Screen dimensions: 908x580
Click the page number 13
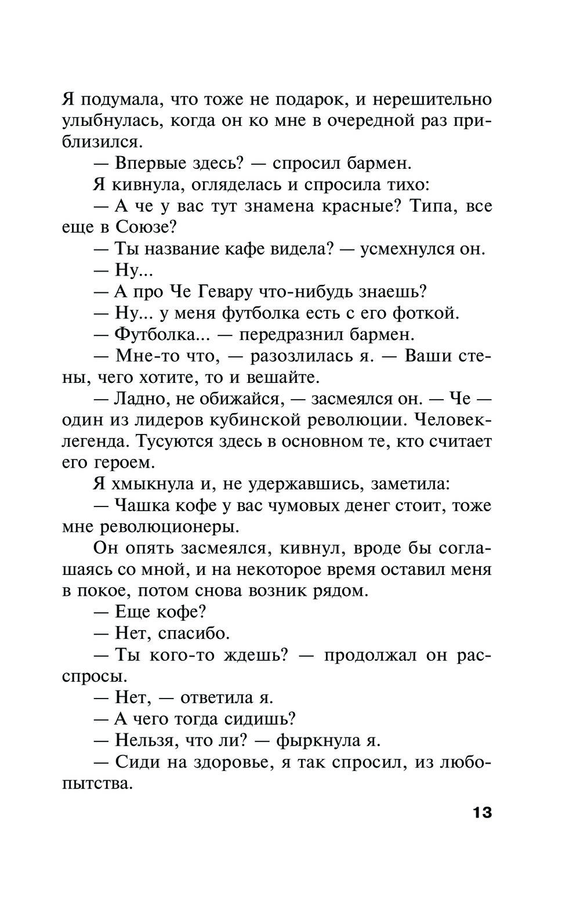point(482,812)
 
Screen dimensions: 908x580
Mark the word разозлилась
point(302,356)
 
